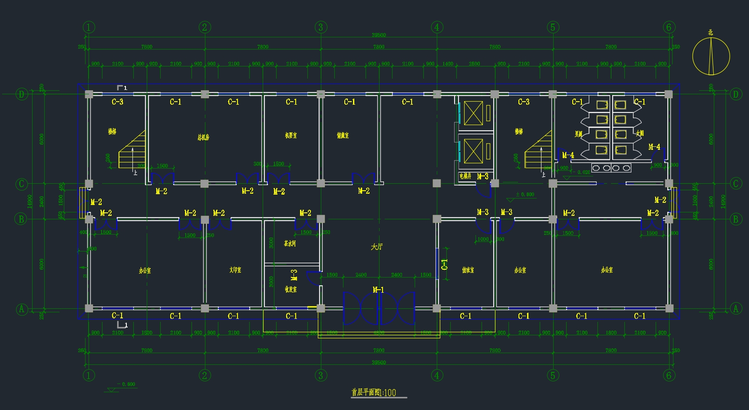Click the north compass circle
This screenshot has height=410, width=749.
click(711, 56)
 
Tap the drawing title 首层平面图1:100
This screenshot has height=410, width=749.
click(373, 393)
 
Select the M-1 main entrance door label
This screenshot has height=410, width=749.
click(378, 290)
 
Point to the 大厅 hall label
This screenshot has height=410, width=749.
click(377, 247)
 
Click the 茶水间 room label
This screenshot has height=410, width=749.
click(290, 244)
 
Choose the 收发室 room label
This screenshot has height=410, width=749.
click(290, 289)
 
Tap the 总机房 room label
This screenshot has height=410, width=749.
click(203, 137)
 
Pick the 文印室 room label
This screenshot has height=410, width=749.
click(235, 270)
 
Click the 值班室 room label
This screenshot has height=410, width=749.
click(468, 270)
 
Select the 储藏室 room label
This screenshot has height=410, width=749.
click(343, 136)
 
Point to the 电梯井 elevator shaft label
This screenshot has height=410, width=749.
click(465, 176)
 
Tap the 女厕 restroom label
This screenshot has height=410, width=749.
click(640, 133)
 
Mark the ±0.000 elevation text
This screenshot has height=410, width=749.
click(525, 195)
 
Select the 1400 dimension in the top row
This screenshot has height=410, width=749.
click(448, 64)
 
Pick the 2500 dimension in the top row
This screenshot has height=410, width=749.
click(474, 64)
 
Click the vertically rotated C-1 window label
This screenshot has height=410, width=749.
click(444, 265)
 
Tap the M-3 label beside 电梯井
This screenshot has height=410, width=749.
click(482, 176)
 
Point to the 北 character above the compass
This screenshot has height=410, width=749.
click(710, 33)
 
